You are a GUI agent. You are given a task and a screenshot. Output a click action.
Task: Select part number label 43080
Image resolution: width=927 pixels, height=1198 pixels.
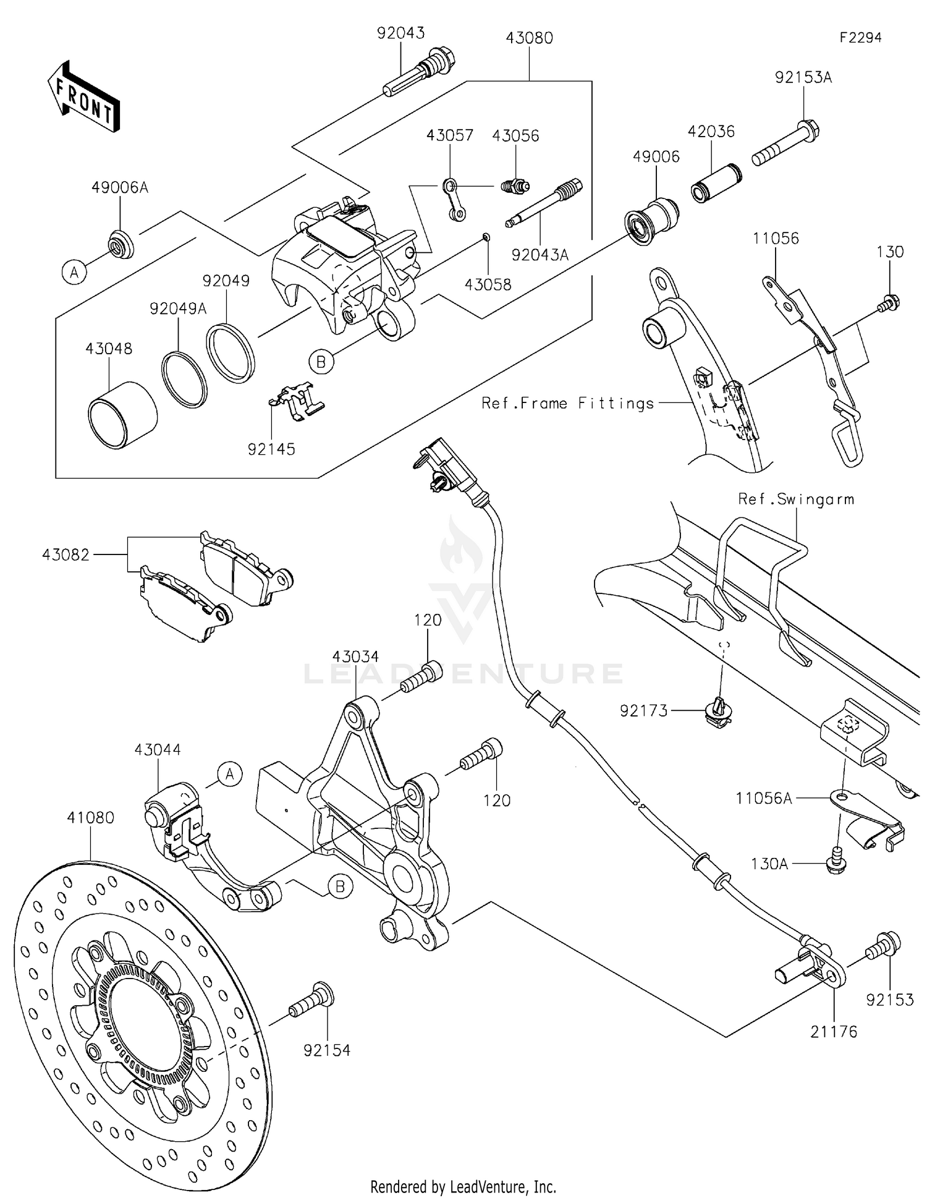(529, 38)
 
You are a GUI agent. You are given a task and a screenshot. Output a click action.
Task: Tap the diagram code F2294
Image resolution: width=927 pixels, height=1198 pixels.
(860, 38)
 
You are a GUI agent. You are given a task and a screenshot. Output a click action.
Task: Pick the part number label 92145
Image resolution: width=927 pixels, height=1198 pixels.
(271, 449)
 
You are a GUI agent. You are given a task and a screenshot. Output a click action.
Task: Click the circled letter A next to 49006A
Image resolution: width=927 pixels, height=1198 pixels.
(74, 271)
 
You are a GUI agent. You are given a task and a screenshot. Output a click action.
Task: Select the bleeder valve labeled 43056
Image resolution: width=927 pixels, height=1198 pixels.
(514, 185)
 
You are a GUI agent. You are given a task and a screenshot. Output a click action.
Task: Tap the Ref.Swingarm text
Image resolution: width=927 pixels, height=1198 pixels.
(796, 499)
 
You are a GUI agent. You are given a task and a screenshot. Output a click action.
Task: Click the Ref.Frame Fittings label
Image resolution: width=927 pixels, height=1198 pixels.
(567, 404)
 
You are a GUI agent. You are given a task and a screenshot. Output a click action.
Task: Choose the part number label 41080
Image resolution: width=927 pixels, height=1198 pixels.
(91, 818)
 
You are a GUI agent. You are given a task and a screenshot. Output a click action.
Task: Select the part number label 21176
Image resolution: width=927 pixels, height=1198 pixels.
(834, 1031)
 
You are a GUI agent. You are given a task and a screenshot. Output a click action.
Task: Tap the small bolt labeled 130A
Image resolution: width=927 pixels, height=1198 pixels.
(835, 865)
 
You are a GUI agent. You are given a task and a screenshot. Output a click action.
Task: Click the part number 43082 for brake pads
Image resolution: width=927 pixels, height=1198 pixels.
(66, 554)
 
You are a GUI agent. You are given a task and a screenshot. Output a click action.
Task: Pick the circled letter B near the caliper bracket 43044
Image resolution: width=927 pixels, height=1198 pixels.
(340, 887)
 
